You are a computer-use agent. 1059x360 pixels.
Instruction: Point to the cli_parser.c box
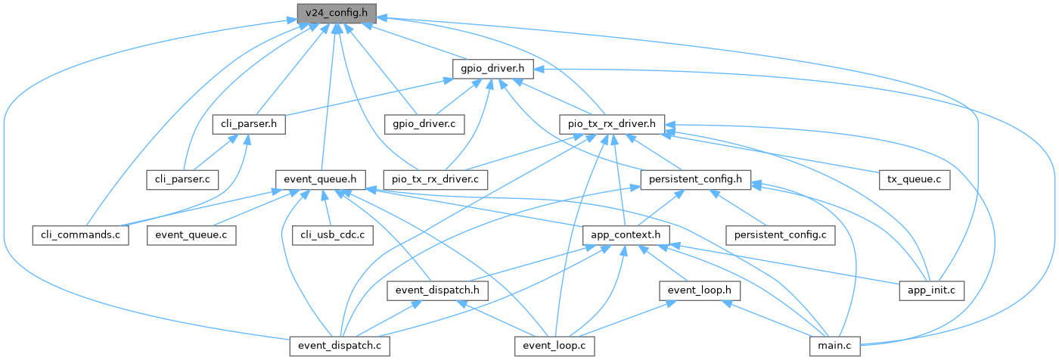click(x=183, y=180)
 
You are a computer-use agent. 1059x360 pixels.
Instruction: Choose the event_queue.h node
click(x=321, y=180)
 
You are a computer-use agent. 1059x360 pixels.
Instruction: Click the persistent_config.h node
click(x=695, y=180)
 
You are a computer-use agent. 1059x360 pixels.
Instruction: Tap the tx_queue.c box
click(x=915, y=180)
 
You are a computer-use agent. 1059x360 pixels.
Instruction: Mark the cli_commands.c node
click(x=80, y=235)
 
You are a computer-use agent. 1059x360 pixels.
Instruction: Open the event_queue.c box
click(x=191, y=235)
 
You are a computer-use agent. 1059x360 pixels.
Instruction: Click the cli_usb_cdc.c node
click(x=332, y=235)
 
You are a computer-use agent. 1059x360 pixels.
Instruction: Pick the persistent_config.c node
click(x=780, y=235)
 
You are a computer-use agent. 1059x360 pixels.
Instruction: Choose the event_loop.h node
click(x=699, y=291)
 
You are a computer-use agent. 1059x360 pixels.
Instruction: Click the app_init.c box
click(x=931, y=291)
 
